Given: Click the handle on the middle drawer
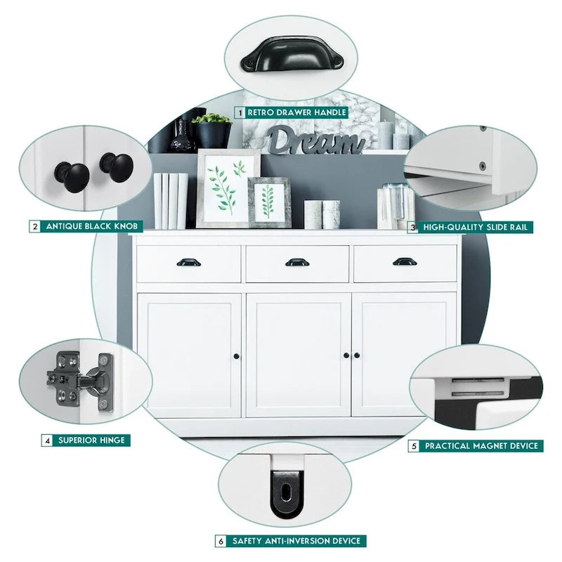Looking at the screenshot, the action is pyautogui.click(x=297, y=262).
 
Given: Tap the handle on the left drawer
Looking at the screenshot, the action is pyautogui.click(x=188, y=262).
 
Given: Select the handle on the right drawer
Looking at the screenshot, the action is pyautogui.click(x=405, y=261).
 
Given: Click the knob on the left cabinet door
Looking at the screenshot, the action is pyautogui.click(x=236, y=356).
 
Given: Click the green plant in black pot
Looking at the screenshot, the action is pyautogui.click(x=212, y=131).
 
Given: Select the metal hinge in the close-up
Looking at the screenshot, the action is pyautogui.click(x=80, y=381).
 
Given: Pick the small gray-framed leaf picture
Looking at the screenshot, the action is pyautogui.click(x=269, y=202).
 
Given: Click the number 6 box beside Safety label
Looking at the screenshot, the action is pyautogui.click(x=221, y=541).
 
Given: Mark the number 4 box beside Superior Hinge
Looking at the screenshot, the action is pyautogui.click(x=47, y=440).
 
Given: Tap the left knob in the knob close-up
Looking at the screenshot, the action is pyautogui.click(x=72, y=177).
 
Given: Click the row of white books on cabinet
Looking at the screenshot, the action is pyautogui.click(x=171, y=201).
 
